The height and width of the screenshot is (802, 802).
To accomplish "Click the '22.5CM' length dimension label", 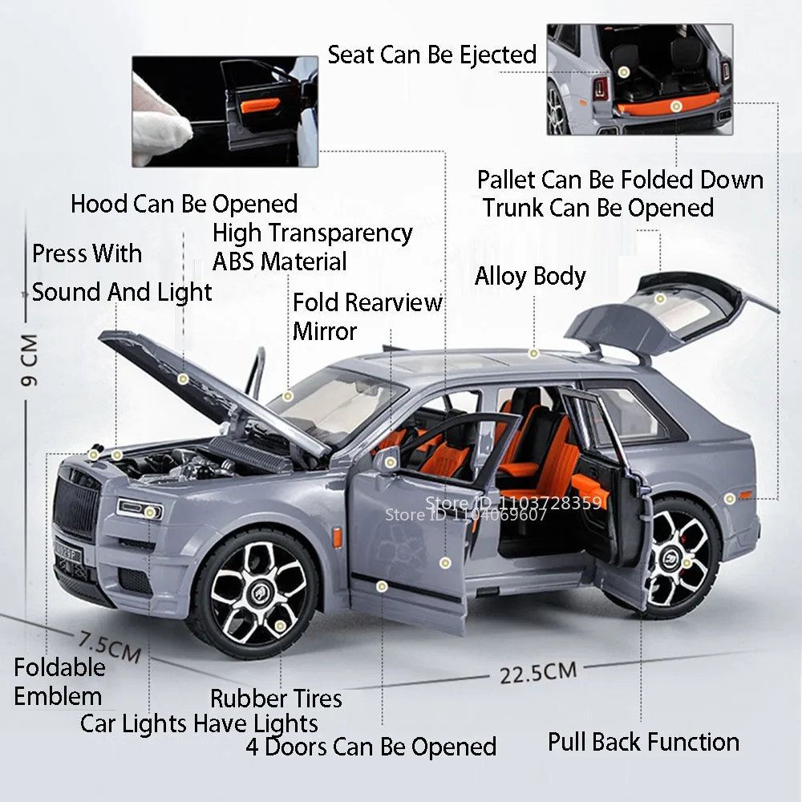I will coord(538,672).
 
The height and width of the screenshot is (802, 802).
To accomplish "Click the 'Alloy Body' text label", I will coord(530,277).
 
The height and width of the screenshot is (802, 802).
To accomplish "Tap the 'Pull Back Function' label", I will coord(643,742).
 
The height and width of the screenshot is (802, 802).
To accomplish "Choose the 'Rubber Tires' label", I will coord(276,699).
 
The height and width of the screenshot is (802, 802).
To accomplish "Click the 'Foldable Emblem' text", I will coord(59,682).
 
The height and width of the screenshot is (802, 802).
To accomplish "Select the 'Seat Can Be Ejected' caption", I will coord(431,55).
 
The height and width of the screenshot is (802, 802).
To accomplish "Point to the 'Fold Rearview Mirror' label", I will coord(367,316).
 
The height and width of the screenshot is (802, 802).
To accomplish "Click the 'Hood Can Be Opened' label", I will coord(184,204).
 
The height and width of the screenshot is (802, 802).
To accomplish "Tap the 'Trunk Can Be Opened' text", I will coord(597,208).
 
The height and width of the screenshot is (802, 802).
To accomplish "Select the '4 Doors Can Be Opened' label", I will coord(371,747).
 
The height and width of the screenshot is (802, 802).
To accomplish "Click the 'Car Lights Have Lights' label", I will coord(199,723).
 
